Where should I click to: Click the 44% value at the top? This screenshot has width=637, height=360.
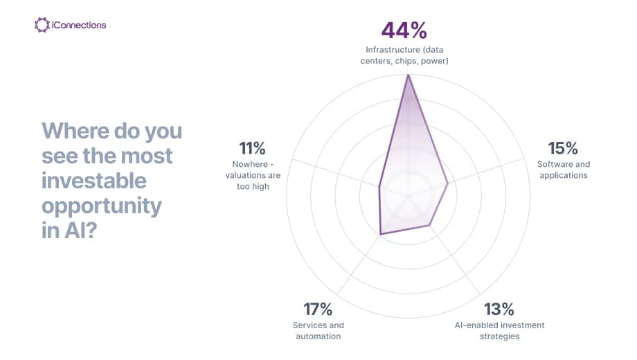(x=404, y=30)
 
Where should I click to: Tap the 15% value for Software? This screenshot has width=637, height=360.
(x=563, y=148)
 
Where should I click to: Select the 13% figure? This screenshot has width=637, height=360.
(x=499, y=309)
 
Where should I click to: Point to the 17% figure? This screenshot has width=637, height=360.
(x=318, y=309)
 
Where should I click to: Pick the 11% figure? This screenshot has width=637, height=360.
(x=252, y=148)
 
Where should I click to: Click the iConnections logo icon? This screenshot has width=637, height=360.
(x=42, y=25)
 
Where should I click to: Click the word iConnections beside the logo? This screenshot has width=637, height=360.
(x=79, y=25)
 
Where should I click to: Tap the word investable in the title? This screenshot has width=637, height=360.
(x=94, y=181)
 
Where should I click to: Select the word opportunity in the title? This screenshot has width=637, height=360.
(x=102, y=206)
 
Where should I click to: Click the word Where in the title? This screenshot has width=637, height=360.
(x=75, y=131)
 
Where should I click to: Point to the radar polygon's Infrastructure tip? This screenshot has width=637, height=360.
(x=409, y=75)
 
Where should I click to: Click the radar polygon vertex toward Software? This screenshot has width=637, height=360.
(x=448, y=183)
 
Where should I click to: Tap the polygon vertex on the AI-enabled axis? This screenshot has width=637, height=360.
(x=430, y=225)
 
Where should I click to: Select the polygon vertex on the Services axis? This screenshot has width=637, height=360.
(x=381, y=234)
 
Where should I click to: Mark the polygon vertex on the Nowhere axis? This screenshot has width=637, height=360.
(x=379, y=186)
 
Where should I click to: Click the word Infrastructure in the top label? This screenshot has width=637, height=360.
(x=393, y=50)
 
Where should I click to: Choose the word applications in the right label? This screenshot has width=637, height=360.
(x=564, y=176)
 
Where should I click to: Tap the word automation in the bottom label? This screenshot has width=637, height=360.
(x=318, y=336)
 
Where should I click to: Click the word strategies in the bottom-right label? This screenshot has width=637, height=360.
(x=499, y=336)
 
